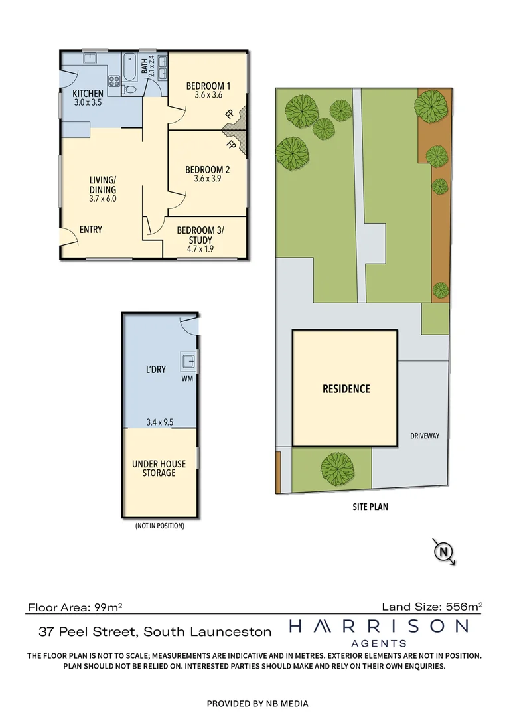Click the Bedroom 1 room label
click(x=208, y=86)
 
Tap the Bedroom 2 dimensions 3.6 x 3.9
click(x=208, y=179)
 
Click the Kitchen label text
click(x=88, y=94)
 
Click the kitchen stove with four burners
click(x=113, y=82)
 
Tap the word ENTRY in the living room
click(x=91, y=230)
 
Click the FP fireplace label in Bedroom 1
click(x=229, y=114)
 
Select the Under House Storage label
click(x=159, y=468)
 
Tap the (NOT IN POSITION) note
click(x=159, y=526)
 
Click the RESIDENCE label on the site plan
click(x=346, y=389)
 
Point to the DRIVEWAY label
click(x=425, y=436)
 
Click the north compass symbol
click(x=443, y=551)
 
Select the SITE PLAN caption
click(x=370, y=507)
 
